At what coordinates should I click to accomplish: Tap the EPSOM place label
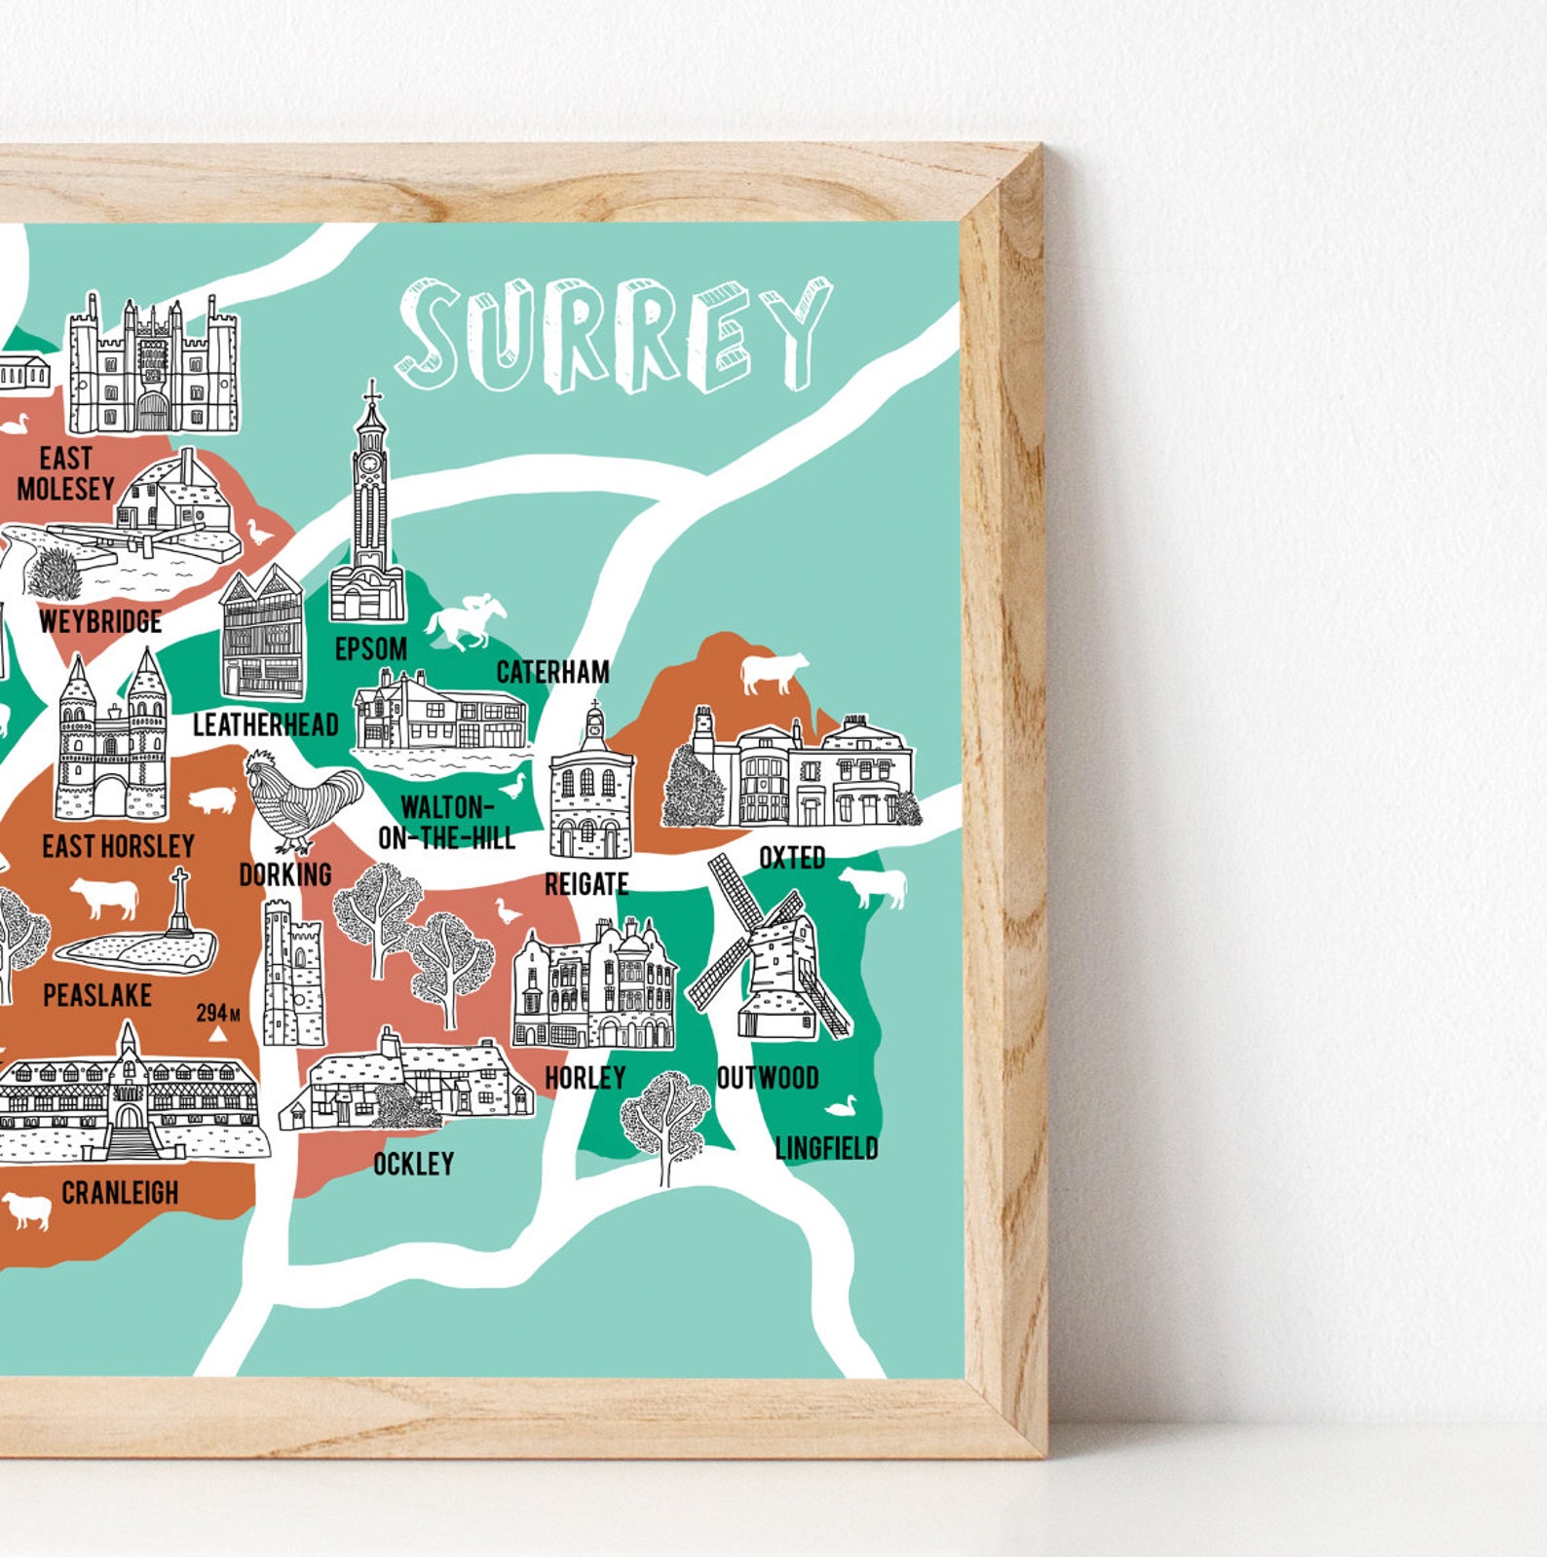tap(370, 649)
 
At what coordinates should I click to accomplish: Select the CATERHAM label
tap(552, 672)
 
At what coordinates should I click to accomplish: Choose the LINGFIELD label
tap(826, 1148)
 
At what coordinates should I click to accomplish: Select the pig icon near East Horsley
tap(212, 800)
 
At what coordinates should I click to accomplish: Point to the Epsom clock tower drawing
tap(368, 506)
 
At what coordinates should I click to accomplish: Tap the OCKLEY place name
tap(413, 1164)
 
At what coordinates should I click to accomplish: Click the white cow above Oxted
tap(773, 672)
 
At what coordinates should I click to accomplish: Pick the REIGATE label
tap(586, 884)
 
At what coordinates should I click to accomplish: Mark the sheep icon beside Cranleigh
tap(26, 1210)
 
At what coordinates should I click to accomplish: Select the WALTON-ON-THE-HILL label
tap(446, 823)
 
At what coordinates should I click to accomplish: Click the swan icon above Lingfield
tap(841, 1106)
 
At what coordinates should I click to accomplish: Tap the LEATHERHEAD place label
tap(265, 724)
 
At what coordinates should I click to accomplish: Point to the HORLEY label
tap(585, 1078)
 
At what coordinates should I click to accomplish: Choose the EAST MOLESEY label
tap(65, 473)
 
